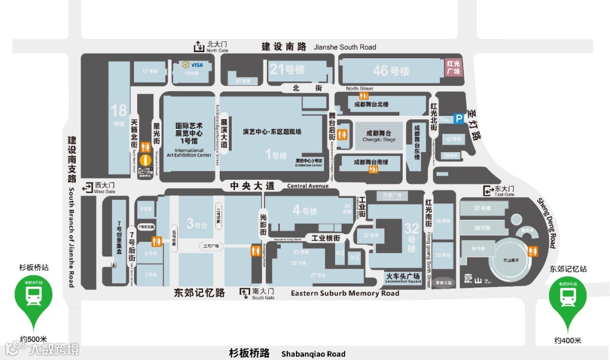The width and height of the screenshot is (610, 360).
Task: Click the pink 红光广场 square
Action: point(453,67)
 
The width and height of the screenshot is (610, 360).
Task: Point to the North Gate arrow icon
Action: point(199,46)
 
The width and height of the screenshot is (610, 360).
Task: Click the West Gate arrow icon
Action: point(87,188)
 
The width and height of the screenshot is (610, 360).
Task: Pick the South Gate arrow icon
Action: point(245,293)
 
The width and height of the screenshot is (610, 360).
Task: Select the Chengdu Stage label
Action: point(379,139)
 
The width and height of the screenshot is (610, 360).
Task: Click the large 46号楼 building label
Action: point(391,71)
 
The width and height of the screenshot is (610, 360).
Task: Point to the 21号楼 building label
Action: point(287,70)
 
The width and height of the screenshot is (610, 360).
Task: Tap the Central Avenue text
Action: point(308,186)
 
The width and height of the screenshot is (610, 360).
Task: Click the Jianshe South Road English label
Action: point(345,47)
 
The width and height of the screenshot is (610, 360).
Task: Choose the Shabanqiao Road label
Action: point(313,354)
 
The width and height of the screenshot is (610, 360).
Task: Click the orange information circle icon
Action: point(145,160)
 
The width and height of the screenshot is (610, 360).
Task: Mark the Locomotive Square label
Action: point(403,281)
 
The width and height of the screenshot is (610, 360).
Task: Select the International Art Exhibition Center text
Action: point(189,153)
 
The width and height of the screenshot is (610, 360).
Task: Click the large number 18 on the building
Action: point(119,111)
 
